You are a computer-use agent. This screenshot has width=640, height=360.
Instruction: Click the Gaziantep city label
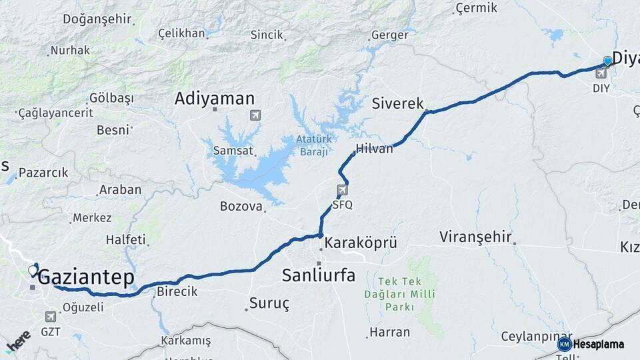86,278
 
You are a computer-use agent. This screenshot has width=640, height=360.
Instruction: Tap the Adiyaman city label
215,99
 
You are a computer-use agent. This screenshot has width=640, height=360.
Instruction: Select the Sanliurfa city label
319,275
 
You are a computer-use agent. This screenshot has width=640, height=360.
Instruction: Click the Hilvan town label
375,149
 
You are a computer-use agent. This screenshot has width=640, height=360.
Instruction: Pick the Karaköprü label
361,243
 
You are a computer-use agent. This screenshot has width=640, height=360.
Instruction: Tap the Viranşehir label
475,237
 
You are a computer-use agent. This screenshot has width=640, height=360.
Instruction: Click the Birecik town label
177,291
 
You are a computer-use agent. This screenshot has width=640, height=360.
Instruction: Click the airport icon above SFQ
342,191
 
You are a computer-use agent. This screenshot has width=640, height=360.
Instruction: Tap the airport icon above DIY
602,73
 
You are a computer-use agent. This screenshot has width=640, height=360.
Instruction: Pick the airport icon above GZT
51,317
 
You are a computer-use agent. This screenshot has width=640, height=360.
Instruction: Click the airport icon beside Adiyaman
255,115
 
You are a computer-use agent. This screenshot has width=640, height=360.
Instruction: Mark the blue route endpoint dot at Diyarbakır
607,61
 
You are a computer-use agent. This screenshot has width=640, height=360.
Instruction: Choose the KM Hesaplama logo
591,344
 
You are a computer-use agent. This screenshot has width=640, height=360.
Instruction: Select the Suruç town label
269,304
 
